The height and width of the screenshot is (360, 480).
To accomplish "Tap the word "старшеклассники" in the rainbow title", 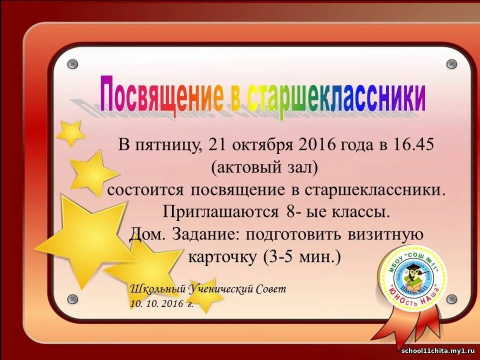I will point(337,97).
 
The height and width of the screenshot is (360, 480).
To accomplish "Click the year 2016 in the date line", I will point(315,145).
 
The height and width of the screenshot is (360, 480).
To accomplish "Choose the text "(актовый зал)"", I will point(264,167).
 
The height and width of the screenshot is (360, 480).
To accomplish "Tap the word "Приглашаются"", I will point(220,211).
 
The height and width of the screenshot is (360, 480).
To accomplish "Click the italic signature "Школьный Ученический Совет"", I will point(208,289).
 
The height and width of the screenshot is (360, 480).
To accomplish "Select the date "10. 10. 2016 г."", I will point(161,303).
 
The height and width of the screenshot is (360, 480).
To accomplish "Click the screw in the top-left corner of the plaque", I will point(72,64).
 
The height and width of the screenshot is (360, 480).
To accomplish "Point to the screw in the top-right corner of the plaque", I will point(451,64).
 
